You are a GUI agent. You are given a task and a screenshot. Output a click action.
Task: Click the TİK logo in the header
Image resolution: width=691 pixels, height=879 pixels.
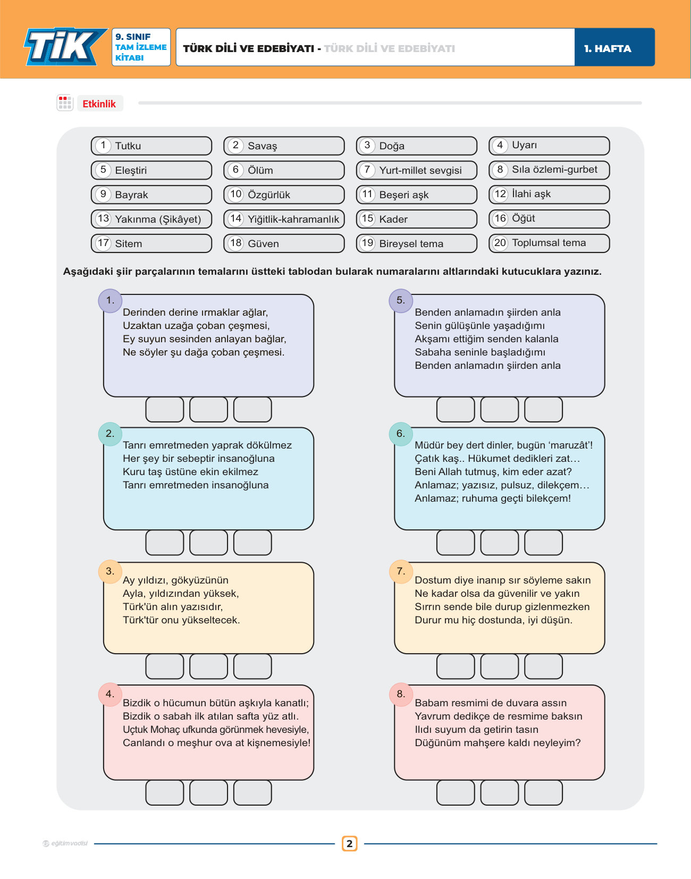[65, 47]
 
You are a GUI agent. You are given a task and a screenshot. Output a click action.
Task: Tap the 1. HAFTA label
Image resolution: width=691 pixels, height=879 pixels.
[607, 48]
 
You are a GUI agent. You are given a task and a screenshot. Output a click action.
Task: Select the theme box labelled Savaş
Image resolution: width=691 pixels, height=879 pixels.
[284, 146]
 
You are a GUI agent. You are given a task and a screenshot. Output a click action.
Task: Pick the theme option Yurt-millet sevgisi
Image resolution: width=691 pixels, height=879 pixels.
[417, 170]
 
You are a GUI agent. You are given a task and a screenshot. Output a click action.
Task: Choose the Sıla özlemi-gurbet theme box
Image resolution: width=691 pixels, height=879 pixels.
[549, 170]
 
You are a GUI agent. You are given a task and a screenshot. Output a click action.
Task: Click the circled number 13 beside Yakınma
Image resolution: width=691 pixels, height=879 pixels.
[103, 219]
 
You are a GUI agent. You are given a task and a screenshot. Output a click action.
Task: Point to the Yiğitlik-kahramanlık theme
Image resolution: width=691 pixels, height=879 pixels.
[284, 219]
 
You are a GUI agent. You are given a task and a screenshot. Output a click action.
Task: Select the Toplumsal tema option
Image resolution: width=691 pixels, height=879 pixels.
[549, 243]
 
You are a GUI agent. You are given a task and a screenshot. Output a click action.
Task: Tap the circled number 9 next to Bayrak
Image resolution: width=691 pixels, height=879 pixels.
[103, 194]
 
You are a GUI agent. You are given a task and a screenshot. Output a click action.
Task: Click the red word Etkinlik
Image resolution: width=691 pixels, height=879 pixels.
[99, 104]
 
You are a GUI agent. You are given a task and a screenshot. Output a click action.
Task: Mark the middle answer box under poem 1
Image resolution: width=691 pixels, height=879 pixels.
[208, 409]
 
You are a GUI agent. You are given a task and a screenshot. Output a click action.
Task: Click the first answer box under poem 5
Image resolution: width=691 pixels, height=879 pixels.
[456, 409]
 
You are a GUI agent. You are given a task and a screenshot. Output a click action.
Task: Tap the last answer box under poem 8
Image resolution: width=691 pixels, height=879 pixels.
[543, 792]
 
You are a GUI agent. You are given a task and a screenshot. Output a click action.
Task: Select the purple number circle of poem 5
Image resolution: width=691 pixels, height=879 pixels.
[401, 301]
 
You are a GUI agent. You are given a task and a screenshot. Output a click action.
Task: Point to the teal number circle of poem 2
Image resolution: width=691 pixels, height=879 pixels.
[110, 434]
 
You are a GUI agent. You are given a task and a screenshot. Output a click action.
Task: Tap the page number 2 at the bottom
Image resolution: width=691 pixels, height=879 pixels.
[350, 843]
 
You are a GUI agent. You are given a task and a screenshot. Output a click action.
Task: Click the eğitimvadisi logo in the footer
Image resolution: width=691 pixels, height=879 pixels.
[65, 843]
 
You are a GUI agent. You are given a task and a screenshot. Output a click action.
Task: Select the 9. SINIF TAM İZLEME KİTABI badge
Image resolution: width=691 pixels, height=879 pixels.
[141, 47]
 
